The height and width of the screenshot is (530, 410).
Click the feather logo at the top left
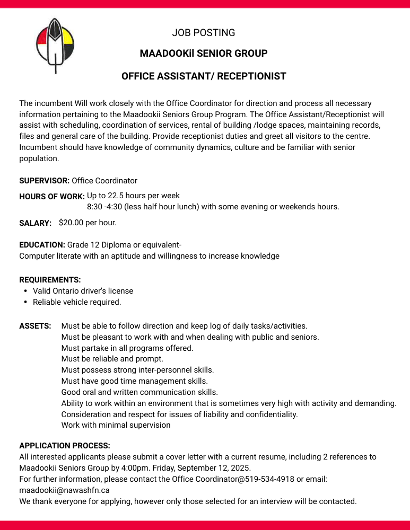55,45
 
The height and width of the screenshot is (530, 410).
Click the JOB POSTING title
204,33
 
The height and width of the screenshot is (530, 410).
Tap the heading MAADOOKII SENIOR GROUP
204,54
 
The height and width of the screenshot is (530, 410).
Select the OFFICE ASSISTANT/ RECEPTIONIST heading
204,76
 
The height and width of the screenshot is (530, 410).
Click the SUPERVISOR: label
45,181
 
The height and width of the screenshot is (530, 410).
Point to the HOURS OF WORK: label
52,197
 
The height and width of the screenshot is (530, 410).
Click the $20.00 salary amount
72,223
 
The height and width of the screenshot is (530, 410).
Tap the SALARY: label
35,223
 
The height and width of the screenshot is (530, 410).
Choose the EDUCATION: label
42,245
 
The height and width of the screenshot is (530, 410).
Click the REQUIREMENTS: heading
50,279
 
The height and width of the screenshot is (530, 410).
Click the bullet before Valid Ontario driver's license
26,291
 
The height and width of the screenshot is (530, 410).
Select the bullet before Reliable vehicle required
26,302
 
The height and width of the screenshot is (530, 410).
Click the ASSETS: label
35,326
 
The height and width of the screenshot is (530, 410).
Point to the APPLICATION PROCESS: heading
65,446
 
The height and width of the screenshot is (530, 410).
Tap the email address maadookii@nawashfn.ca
64,490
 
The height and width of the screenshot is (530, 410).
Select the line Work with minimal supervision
116,425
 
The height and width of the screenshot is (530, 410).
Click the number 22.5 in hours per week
116,195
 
